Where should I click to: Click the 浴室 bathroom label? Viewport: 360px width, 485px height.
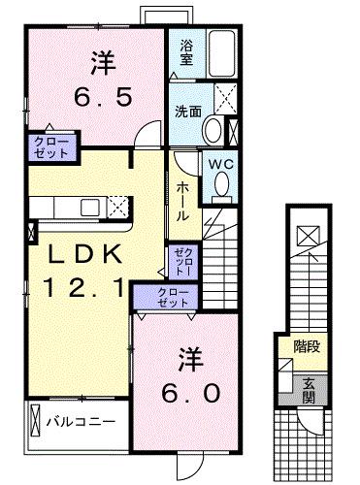click(x=187, y=51)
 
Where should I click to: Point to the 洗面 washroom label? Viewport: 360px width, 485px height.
click(x=189, y=111)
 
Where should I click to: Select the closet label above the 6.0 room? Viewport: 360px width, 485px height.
click(x=171, y=296)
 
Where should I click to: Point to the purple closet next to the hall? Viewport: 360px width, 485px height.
click(x=182, y=261)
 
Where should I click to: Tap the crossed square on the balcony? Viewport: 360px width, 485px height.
click(x=33, y=423)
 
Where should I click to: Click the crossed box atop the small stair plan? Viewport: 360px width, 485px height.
click(x=305, y=234)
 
